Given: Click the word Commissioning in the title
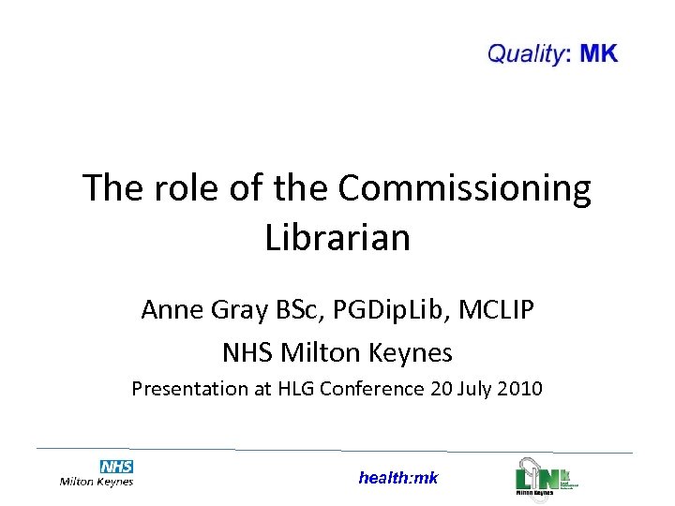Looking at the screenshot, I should pyautogui.click(x=464, y=188).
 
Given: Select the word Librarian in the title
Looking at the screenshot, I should pyautogui.click(x=337, y=237).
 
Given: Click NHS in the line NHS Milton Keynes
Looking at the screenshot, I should pyautogui.click(x=248, y=353).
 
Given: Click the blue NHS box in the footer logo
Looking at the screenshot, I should pyautogui.click(x=116, y=466).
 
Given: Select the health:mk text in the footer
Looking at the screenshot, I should pyautogui.click(x=397, y=478).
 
